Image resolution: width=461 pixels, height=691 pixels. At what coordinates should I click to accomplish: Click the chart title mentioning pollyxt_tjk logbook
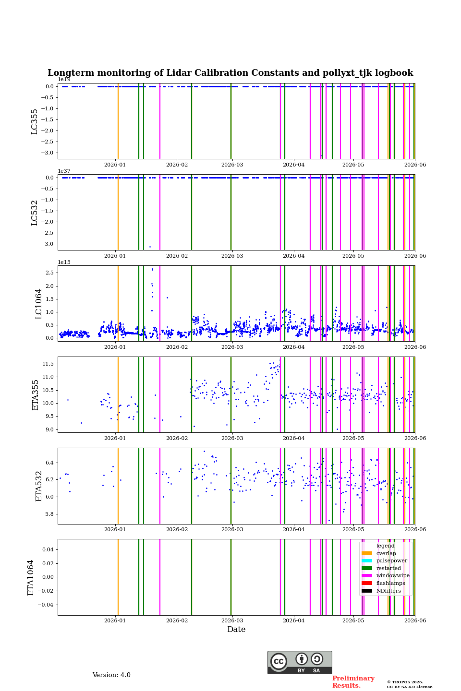[230, 73]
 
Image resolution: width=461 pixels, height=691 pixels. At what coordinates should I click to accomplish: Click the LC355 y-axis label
[34, 121]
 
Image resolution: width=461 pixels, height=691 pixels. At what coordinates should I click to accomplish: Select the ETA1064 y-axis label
[31, 577]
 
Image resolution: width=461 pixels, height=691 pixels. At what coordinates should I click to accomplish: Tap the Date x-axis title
[236, 629]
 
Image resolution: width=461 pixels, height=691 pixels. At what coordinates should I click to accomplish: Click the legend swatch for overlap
[367, 553]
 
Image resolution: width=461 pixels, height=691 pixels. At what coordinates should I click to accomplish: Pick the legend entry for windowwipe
[393, 575]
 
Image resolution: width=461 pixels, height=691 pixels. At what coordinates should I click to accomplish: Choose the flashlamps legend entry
[390, 583]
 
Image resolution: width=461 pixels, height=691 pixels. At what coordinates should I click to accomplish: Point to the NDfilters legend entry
[388, 591]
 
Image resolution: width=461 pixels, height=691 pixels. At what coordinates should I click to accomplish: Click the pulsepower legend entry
[391, 560]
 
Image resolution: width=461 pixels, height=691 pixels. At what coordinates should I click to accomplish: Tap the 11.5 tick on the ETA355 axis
[48, 364]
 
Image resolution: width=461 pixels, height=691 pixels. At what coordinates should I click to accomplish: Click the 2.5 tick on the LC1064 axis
[49, 273]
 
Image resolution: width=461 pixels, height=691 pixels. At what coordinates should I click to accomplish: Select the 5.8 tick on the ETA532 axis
[49, 514]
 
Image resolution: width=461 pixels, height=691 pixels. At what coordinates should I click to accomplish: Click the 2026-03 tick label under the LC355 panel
[232, 165]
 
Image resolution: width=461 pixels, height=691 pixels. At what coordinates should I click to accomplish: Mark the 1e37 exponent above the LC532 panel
[64, 171]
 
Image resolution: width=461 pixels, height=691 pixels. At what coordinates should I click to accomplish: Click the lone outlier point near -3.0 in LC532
[150, 247]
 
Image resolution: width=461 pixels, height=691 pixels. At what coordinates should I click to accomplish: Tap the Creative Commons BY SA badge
[300, 662]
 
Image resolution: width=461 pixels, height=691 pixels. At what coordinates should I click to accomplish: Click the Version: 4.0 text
[111, 675]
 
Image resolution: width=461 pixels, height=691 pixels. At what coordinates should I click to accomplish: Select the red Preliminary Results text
[353, 682]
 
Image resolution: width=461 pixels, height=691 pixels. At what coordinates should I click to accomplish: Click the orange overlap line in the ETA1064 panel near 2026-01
[118, 577]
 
